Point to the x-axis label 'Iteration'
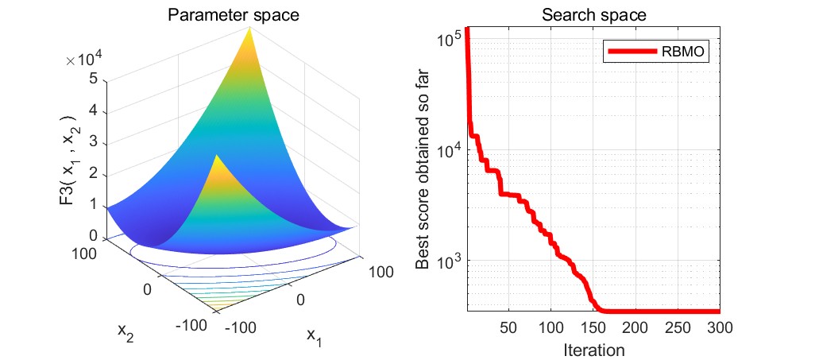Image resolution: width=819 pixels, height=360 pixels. point(593,349)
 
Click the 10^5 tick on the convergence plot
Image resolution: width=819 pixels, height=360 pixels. point(450,39)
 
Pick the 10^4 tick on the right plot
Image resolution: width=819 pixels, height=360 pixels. point(450,149)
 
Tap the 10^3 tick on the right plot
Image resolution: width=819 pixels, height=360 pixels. point(450,261)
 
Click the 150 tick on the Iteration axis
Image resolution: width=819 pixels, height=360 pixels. point(593,327)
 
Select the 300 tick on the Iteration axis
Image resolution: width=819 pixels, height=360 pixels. point(719,327)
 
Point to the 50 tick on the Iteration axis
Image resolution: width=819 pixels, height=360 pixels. point(509,327)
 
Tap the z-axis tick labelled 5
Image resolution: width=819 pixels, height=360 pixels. point(94,79)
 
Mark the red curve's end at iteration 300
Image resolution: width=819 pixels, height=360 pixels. point(719,312)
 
